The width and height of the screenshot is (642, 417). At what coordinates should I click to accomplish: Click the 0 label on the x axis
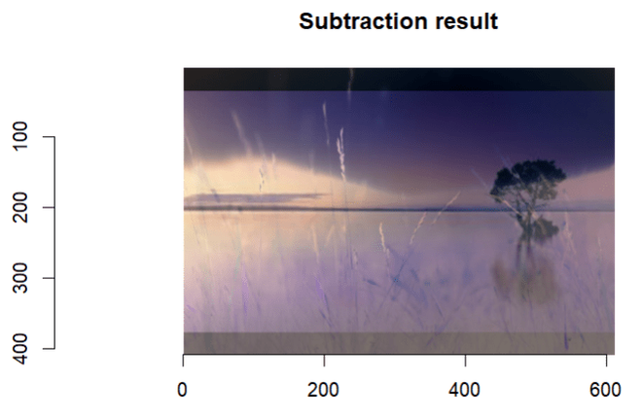183,389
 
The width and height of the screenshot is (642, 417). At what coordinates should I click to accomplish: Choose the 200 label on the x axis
324,389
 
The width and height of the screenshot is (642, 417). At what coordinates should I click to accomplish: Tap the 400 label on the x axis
465,389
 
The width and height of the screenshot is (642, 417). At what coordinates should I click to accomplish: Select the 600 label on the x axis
605,389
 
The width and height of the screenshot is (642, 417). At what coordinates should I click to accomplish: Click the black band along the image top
399,79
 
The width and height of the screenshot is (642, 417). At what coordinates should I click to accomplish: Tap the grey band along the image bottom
399,343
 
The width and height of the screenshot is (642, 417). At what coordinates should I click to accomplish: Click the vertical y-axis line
55,243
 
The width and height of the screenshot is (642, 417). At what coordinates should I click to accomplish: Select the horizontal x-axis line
389,355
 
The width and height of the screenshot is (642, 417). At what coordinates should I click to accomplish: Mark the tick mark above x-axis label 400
465,360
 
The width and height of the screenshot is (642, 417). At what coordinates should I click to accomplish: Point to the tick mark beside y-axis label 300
50,278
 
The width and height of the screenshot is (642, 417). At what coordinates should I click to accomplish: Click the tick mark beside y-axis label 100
50,137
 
